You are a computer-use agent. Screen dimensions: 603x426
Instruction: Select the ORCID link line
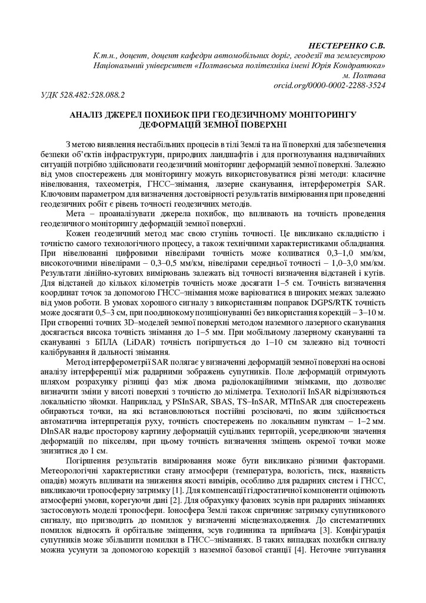pyautogui.click(x=330, y=85)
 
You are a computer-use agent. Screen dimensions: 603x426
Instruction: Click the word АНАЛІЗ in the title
pyautogui.click(x=89, y=114)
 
